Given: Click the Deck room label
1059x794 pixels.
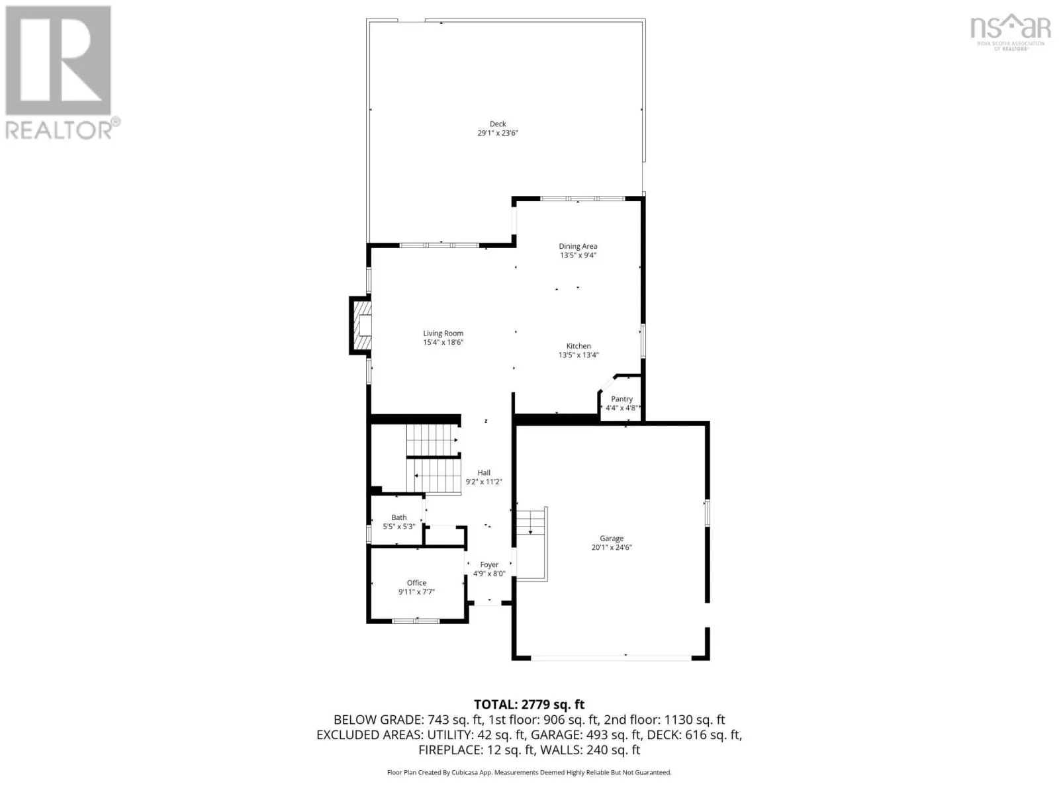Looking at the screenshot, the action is click(498, 124).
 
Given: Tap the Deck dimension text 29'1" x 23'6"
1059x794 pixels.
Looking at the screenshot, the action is click(498, 133).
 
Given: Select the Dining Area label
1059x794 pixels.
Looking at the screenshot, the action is click(578, 246).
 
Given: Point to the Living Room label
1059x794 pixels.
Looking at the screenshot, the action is click(443, 333).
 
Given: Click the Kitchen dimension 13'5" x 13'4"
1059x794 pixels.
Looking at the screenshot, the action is click(578, 355).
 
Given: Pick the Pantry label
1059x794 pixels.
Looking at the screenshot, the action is click(622, 399).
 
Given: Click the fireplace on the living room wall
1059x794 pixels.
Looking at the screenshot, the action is click(361, 326).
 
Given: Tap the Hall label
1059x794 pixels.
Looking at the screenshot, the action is click(484, 473).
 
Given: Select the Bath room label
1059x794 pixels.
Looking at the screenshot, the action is click(399, 518).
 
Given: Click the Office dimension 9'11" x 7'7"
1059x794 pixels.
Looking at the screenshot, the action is click(416, 592).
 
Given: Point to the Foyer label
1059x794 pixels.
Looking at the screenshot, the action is click(489, 564).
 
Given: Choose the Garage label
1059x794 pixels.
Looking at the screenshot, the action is click(612, 539).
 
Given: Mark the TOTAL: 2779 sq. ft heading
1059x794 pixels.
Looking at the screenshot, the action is click(529, 705).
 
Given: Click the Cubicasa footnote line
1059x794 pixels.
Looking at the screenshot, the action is click(529, 773).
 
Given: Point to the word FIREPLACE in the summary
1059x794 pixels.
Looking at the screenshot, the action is click(450, 750).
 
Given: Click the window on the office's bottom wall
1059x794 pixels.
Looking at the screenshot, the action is click(416, 621).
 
